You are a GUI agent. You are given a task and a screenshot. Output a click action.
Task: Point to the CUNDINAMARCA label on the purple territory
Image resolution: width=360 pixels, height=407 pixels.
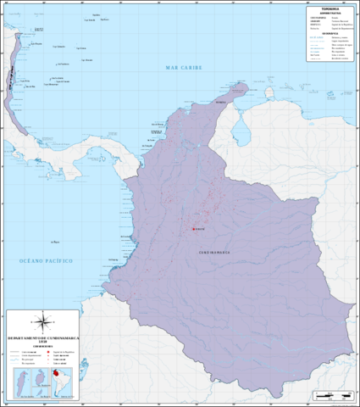[213, 252]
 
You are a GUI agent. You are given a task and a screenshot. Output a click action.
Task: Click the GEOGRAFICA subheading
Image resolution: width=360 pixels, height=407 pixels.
[329, 33]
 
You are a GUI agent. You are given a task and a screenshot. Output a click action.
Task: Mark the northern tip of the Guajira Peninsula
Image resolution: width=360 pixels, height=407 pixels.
[243, 86]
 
